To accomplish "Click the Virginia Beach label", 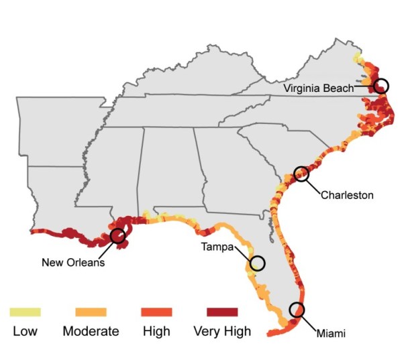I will pos(319,88).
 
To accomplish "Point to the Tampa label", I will pos(217,247).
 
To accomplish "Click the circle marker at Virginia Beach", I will pos(381,86).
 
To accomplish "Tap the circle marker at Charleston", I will pos(302,174).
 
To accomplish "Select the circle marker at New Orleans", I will pos(118,235).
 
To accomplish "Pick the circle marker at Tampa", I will pos(257,263).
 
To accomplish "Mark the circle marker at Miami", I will pos(297,310).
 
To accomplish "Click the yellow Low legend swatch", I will pos(25,312).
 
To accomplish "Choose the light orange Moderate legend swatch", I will pos(91,312).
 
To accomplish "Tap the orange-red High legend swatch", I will pos(156,312).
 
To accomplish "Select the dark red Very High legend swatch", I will pos(222,312).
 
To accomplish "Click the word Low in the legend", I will pos(25,331).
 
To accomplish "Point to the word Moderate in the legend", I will pos(91,331).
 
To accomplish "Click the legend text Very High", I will pos(221,331).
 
